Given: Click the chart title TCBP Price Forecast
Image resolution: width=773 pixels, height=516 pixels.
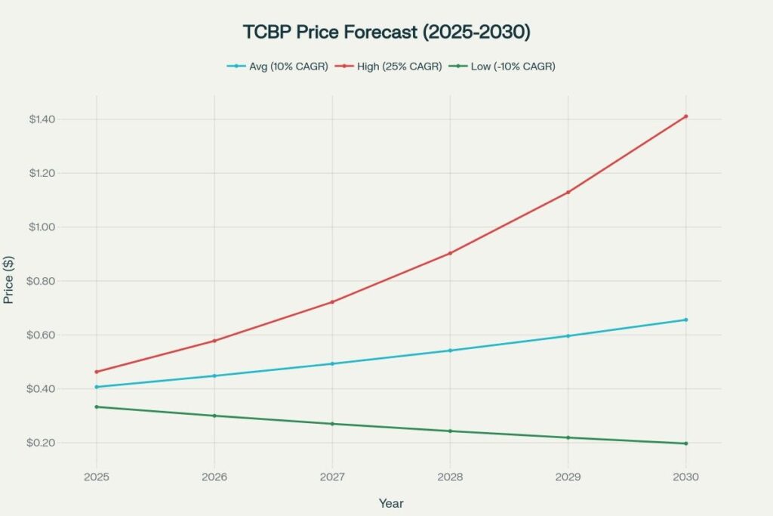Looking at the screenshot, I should tap(386, 33).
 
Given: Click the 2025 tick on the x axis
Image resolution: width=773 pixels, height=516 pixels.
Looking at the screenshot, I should tap(97, 477).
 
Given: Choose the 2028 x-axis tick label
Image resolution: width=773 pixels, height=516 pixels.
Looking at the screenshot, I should tap(450, 477).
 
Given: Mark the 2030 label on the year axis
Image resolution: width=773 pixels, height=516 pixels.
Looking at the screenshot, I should tap(685, 477).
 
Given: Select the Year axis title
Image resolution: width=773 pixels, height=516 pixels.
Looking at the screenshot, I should tap(391, 502).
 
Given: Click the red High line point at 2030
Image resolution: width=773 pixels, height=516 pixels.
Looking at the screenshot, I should tap(685, 116).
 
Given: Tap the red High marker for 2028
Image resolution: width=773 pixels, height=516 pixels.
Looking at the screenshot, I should tap(450, 253).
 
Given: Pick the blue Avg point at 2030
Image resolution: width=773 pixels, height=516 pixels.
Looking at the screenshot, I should tap(685, 320).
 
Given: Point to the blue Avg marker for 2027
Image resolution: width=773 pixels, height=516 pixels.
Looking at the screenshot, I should tap(332, 363).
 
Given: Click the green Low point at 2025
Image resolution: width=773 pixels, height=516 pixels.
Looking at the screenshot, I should tap(97, 407).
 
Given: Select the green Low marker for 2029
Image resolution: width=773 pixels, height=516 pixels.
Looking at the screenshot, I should tap(568, 437).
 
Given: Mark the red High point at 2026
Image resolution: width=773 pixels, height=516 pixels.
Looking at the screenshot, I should tap(214, 341).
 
